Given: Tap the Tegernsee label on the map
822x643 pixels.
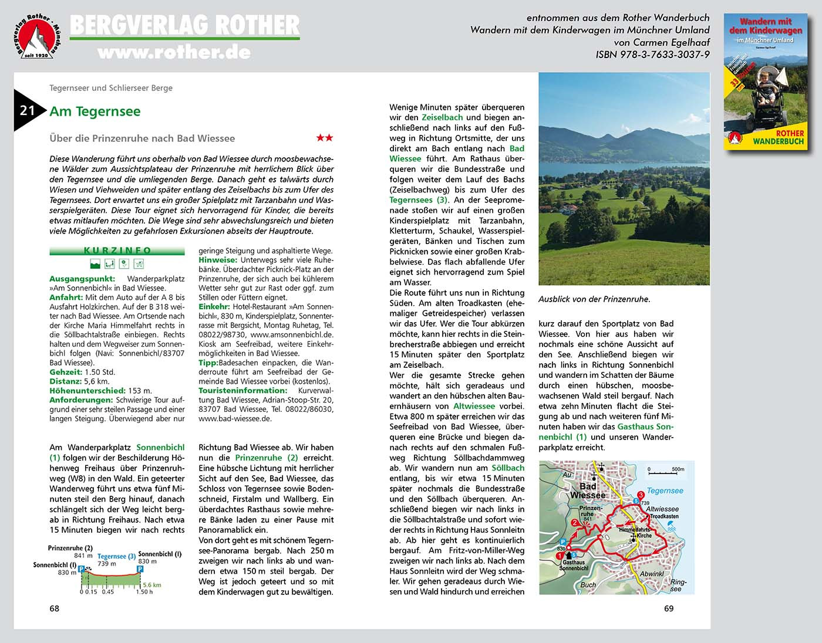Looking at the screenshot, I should point(665,490).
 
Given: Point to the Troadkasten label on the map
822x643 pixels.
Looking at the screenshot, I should point(664,516).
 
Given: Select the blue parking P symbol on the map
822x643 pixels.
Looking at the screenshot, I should point(563,542).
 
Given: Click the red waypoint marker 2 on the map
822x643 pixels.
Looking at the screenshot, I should point(575,523).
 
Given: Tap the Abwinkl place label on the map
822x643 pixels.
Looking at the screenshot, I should point(652,574).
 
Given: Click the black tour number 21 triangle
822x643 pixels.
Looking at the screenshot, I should point(27,110).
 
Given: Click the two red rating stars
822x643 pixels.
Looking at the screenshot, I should point(324,138).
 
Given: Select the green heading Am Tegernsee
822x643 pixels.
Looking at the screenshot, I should point(95,111).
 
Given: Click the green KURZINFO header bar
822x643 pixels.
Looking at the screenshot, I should point(117,251).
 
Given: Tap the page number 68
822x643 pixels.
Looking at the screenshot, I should point(54,608).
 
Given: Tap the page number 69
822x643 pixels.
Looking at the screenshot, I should point(669,608).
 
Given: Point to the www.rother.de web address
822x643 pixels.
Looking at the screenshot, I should point(174,53).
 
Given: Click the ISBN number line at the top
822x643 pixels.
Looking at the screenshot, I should point(652,55).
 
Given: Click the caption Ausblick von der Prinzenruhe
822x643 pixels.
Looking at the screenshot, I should point(594,299).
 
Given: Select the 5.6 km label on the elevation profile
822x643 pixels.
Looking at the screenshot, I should point(152,585).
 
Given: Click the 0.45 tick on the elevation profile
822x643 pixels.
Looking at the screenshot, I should point(107,591).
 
